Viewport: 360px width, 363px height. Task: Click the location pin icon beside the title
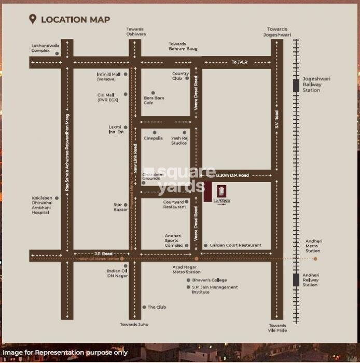tap(33, 20)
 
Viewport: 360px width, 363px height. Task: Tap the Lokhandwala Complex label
tap(45, 48)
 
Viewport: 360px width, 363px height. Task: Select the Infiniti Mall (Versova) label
tap(109, 77)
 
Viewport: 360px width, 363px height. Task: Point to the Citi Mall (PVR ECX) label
tap(108, 97)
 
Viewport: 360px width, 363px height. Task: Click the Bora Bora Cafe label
tap(154, 100)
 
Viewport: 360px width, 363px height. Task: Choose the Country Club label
tap(181, 76)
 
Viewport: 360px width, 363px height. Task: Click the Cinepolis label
tap(153, 138)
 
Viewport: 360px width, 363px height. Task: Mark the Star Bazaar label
tap(120, 207)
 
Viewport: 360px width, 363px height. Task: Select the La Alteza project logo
tap(221, 193)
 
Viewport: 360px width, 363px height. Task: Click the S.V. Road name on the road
tap(277, 119)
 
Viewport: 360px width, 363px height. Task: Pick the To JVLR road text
tap(240, 62)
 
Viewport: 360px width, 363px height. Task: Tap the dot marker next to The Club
tap(144, 307)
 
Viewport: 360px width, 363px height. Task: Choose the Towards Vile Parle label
tap(278, 328)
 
